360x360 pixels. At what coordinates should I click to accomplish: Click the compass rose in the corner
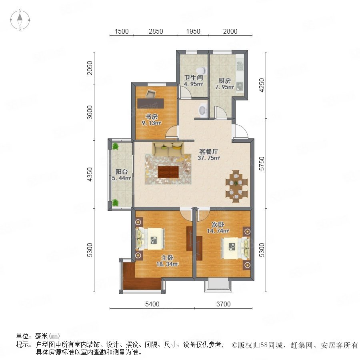20,20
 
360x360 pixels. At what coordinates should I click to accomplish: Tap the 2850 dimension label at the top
156,31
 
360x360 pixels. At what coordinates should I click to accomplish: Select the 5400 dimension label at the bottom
152,304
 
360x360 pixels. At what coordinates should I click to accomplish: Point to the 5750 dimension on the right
262,164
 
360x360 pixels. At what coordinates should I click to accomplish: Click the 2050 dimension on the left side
90,68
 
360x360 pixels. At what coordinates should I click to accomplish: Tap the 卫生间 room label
193,78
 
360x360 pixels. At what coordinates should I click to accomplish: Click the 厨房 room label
224,80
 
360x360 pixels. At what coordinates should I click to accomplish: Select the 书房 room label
151,116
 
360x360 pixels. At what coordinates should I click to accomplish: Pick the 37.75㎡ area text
209,158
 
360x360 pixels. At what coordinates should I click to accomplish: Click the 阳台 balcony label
122,172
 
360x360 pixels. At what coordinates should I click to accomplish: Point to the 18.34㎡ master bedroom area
167,264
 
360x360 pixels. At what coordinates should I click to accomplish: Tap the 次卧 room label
218,224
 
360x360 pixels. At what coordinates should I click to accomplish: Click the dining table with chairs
236,186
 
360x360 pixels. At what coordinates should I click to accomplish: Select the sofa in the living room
168,150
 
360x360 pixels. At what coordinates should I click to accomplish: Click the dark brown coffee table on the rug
168,172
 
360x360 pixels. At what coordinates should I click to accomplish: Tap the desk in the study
151,103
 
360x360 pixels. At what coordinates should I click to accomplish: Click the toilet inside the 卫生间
201,70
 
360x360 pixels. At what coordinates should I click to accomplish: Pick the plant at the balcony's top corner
115,146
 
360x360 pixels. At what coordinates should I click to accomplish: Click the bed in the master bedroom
151,239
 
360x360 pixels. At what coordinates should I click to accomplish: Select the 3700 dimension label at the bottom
223,304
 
